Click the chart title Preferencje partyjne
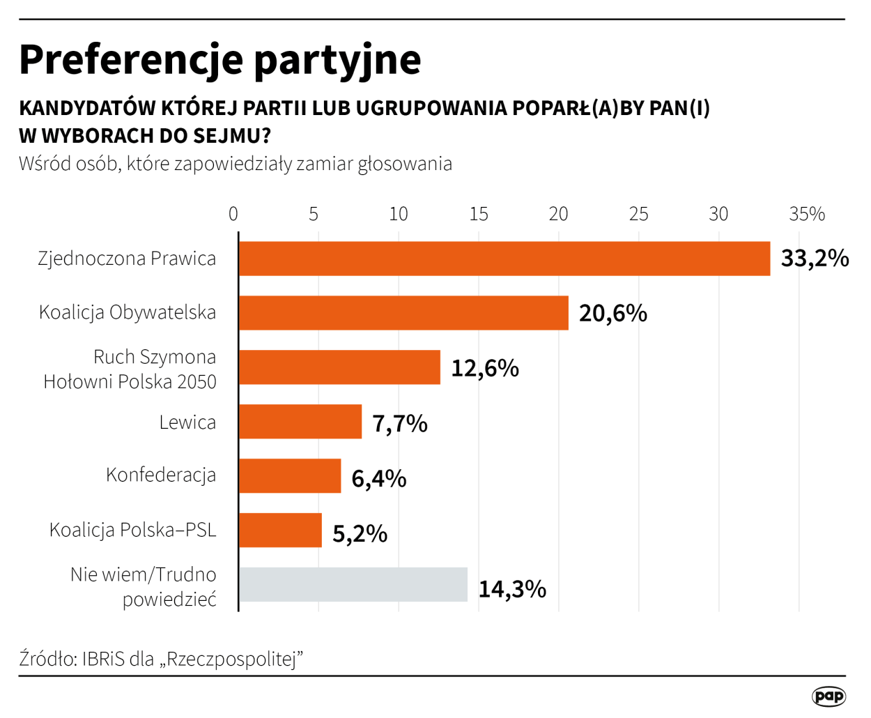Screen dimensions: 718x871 pyautogui.click(x=219, y=61)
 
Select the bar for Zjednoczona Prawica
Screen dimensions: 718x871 pyautogui.click(x=504, y=259)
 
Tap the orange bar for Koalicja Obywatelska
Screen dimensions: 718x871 pyautogui.click(x=403, y=313)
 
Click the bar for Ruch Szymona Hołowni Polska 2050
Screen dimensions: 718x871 pyautogui.click(x=339, y=367)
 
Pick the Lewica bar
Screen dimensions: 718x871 pyautogui.click(x=300, y=422)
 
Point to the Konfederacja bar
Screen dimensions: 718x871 pyautogui.click(x=290, y=476)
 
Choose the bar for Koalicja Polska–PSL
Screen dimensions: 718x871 pyautogui.click(x=280, y=530)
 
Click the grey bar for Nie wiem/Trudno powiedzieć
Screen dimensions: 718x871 pyautogui.click(x=353, y=585)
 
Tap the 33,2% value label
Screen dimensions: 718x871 pyautogui.click(x=815, y=259)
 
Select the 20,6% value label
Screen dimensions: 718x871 pyautogui.click(x=613, y=314)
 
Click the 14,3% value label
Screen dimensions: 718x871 pyautogui.click(x=512, y=589)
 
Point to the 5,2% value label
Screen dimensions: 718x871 pyautogui.click(x=360, y=534)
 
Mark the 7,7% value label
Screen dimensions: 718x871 pyautogui.click(x=400, y=423)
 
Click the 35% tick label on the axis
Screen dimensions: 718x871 pyautogui.click(x=807, y=214)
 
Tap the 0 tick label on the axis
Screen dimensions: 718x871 pyautogui.click(x=233, y=214)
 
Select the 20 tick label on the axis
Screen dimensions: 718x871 pyautogui.click(x=558, y=214)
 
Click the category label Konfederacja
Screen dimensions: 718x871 pyautogui.click(x=161, y=475)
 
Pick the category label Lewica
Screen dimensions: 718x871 pyautogui.click(x=187, y=422)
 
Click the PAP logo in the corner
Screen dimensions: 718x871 pyautogui.click(x=828, y=696)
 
